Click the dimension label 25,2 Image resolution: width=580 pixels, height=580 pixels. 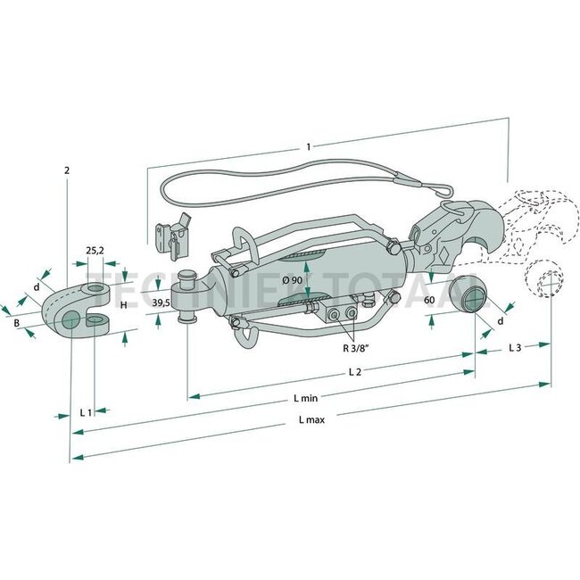(95, 251)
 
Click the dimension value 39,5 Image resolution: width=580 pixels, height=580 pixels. (162, 304)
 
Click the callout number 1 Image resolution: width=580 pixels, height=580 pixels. (308, 145)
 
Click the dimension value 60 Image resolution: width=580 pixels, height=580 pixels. (429, 301)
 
